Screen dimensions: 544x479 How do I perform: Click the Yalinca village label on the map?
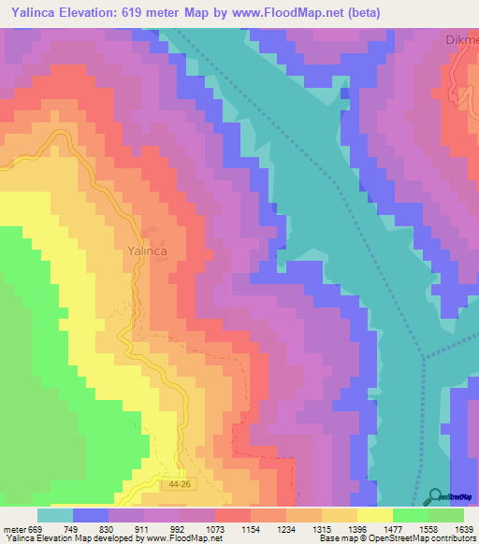click(145, 251)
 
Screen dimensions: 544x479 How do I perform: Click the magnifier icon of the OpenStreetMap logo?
click(435, 496)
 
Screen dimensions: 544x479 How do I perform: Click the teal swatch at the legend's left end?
click(54, 515)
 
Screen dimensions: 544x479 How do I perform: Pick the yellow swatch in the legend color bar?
click(374, 515)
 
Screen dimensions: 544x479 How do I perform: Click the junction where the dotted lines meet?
click(423, 356)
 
